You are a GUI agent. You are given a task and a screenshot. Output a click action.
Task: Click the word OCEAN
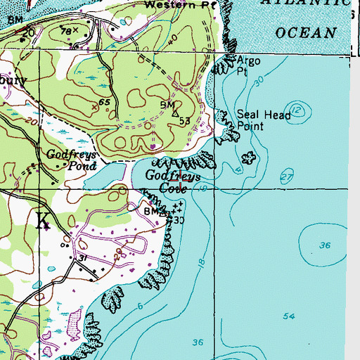point(307,32)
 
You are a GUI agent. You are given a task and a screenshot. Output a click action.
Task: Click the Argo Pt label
point(247,65)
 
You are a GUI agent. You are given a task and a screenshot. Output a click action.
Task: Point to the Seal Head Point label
point(259,120)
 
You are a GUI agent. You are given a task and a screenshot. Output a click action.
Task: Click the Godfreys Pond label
point(65,160)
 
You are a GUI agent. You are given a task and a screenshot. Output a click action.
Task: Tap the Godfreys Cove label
point(174,181)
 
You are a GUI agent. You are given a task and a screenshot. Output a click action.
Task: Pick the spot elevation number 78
point(67,31)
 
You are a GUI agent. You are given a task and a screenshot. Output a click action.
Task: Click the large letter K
point(43,221)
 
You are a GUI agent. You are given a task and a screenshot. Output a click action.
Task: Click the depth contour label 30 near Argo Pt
point(259,82)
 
